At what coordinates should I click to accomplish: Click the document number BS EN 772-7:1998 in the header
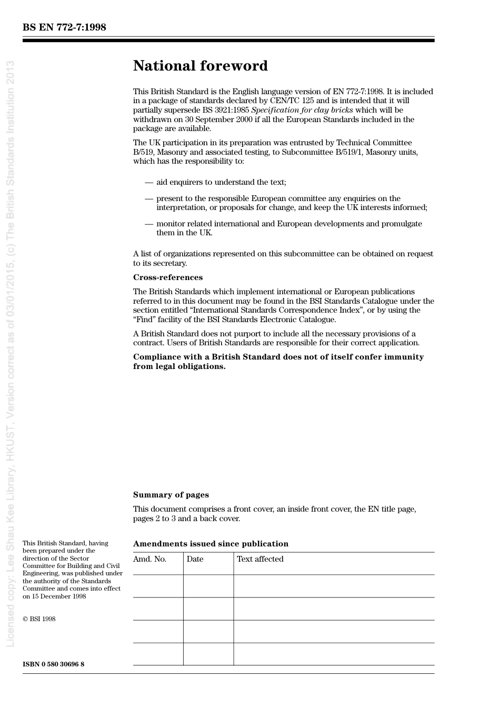coord(64,27)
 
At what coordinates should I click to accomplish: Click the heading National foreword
coord(201,66)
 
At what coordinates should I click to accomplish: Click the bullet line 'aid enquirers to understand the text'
coord(221,182)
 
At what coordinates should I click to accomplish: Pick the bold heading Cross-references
coord(168,277)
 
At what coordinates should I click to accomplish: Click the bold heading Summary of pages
coord(171,495)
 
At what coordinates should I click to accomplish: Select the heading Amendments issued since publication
coord(211,544)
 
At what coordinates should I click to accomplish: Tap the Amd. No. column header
coord(150,559)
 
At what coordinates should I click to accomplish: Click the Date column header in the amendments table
coord(195,559)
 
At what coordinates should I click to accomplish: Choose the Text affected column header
coord(260,559)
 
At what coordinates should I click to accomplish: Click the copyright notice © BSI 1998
coord(39,619)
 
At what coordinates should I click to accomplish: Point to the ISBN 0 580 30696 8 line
coord(54,664)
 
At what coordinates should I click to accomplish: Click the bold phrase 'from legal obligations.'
coord(179,366)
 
